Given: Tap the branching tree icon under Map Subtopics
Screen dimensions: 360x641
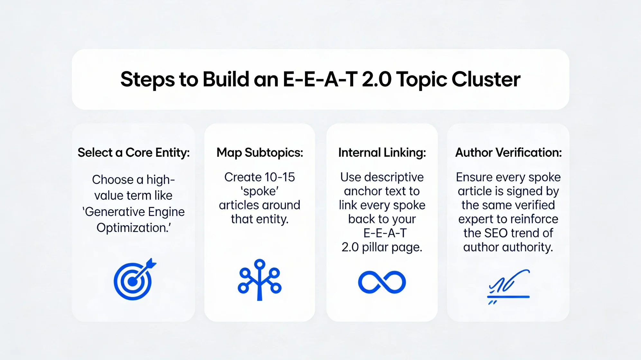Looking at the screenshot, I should click(260, 280).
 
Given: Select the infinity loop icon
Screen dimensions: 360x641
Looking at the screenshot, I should click(382, 282).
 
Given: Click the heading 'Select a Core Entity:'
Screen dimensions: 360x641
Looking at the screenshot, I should click(133, 152).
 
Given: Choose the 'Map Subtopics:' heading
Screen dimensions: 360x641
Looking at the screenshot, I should click(260, 152).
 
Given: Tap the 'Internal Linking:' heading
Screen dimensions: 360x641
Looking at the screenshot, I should click(382, 152).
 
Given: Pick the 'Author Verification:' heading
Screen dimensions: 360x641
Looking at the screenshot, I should click(508, 152).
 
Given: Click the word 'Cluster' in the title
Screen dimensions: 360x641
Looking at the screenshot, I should click(486, 79).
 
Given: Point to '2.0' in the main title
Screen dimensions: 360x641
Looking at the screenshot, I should click(377, 79).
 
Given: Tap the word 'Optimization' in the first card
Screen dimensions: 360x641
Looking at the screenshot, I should click(131, 228).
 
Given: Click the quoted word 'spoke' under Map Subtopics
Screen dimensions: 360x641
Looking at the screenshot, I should click(260, 191).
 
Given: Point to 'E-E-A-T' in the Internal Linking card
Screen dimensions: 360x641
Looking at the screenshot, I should click(385, 233).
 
